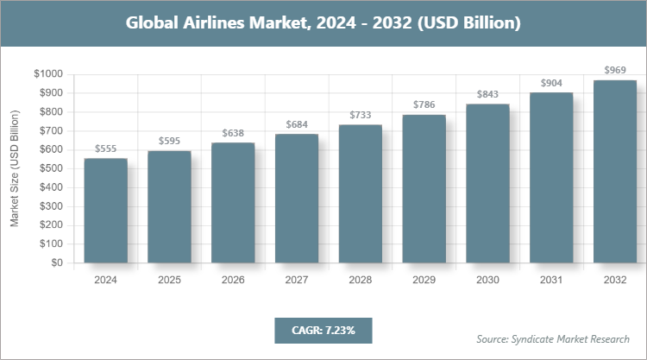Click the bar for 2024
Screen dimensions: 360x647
tap(105, 211)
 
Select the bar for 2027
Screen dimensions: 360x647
tap(297, 199)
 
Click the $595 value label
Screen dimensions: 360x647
tap(170, 141)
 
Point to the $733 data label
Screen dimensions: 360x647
tap(361, 115)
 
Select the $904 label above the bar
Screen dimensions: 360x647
tap(551, 83)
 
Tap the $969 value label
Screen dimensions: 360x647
tap(615, 70)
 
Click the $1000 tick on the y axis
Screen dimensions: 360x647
tap(49, 74)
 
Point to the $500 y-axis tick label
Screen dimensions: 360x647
tap(52, 168)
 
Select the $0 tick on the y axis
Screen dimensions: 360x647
tap(59, 263)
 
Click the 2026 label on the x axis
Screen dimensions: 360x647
tap(233, 281)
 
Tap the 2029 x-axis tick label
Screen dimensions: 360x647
tap(424, 281)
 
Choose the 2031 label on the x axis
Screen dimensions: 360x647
tap(551, 281)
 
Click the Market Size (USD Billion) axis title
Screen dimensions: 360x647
tap(15, 168)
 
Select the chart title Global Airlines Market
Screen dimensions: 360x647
tap(323, 22)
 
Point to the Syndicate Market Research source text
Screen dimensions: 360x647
tap(553, 338)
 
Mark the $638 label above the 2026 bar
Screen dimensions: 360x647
tap(233, 133)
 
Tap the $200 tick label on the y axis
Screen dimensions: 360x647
tap(52, 225)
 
